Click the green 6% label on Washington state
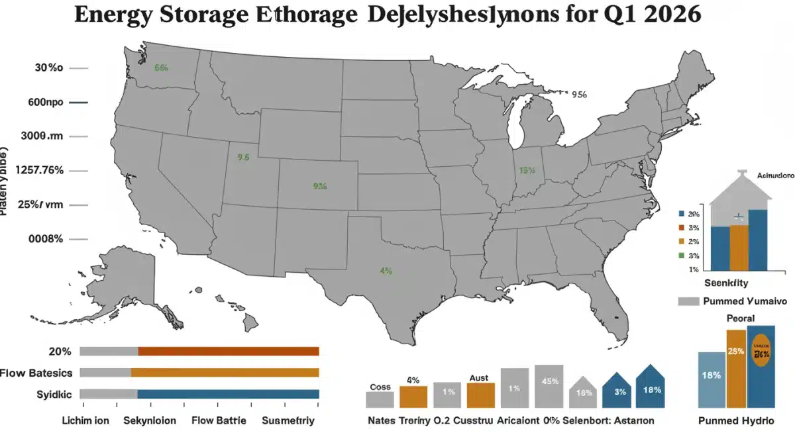pos(162,68)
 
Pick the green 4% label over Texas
pos(386,271)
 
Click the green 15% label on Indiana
pos(527,170)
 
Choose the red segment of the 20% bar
pos(229,352)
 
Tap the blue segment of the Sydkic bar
pos(228,394)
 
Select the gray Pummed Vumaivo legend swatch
pos(689,301)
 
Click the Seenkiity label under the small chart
pos(725,283)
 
